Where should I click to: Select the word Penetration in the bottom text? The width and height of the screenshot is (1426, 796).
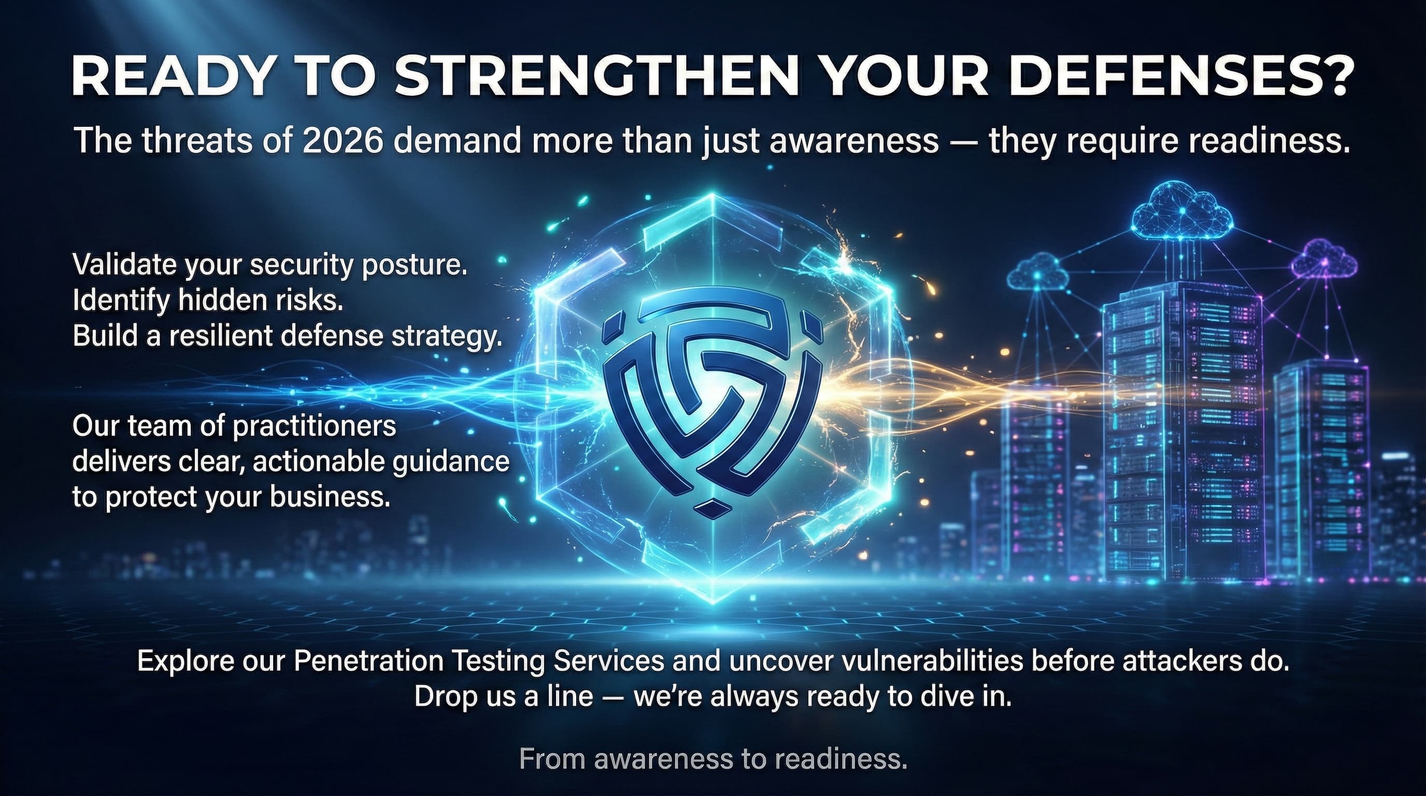[x=367, y=661]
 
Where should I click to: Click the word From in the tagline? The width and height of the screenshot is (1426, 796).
[x=552, y=758]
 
